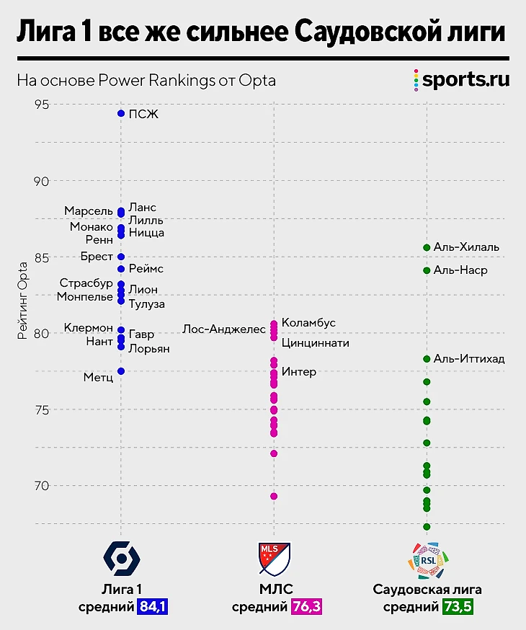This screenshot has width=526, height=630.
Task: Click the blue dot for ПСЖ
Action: [121, 114]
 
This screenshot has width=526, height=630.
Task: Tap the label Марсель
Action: [89, 210]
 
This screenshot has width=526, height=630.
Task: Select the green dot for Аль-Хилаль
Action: [427, 247]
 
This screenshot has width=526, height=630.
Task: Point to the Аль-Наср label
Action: [460, 270]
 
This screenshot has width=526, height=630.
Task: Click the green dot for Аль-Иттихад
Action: [427, 359]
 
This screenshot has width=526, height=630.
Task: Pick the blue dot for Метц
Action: [121, 371]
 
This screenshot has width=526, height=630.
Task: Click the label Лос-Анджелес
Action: [224, 329]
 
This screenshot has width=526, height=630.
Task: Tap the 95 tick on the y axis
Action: [42, 105]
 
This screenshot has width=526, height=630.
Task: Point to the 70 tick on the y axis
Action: [42, 485]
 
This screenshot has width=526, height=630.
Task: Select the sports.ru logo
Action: [461, 79]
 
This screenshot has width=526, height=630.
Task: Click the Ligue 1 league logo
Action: [122, 557]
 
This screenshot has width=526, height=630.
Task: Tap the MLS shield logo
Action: [274, 557]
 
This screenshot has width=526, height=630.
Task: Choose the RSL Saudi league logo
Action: [427, 559]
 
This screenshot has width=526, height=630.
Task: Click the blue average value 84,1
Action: [153, 607]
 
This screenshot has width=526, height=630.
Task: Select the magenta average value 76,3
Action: [306, 607]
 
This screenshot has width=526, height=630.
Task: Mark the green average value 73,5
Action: [458, 607]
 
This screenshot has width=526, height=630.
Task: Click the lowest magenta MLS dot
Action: [274, 496]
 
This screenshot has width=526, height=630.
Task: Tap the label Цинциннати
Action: [315, 343]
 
